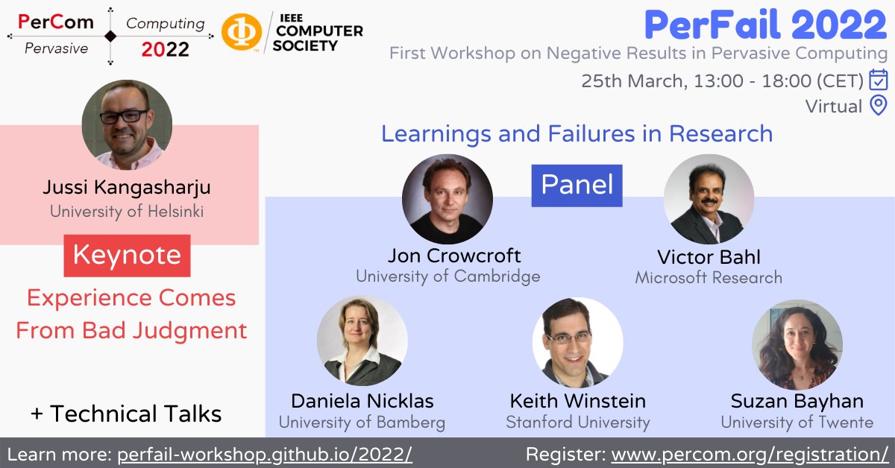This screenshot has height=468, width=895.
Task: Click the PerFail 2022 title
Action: click(x=765, y=26)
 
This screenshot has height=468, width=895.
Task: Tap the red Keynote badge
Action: click(x=127, y=256)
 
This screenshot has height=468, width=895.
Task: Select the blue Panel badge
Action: click(x=577, y=185)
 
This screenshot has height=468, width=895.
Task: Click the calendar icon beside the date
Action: click(x=879, y=79)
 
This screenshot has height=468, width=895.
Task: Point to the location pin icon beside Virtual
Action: click(x=879, y=106)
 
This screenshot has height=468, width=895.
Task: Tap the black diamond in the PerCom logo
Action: click(x=110, y=36)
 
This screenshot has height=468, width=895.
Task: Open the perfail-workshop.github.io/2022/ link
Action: click(x=265, y=454)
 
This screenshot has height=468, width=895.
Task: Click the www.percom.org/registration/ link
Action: click(x=750, y=454)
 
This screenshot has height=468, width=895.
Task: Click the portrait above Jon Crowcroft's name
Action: click(x=447, y=199)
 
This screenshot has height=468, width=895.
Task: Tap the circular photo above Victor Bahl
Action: click(x=709, y=199)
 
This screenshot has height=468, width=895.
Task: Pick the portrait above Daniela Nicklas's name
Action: click(x=362, y=341)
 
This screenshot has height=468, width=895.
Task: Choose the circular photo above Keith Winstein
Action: click(x=577, y=342)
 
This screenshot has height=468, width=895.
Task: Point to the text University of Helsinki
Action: click(x=127, y=211)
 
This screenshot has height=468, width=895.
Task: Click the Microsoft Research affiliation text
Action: click(x=709, y=278)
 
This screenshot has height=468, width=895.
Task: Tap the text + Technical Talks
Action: click(x=127, y=414)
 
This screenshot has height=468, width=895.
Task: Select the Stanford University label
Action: click(x=578, y=423)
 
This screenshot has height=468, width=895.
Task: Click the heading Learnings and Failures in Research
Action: click(x=577, y=134)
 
